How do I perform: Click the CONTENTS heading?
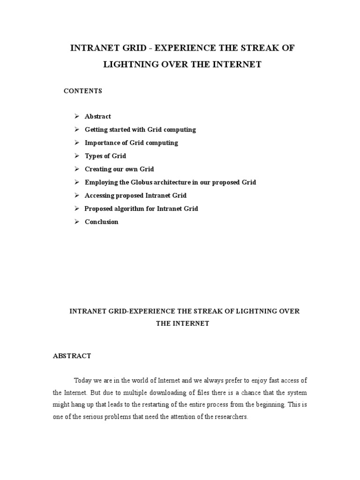click(x=83, y=91)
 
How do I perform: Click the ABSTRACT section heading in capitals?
click(x=72, y=356)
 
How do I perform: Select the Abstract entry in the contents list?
click(x=97, y=116)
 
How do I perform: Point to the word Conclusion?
click(x=101, y=222)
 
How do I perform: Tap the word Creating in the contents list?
click(x=97, y=169)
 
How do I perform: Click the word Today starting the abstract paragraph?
click(x=83, y=380)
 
